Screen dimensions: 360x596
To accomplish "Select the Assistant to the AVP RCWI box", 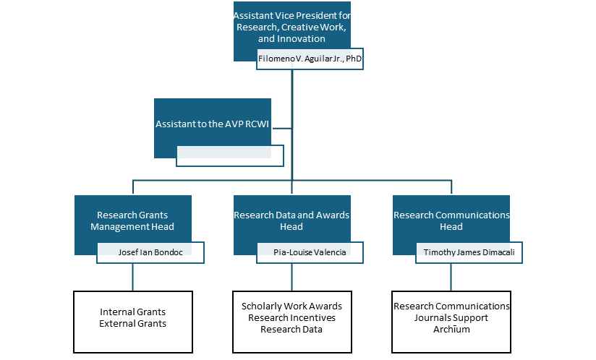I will [x=212, y=124].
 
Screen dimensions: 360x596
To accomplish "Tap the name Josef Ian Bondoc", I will [x=150, y=252].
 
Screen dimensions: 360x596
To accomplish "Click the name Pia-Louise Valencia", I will [x=310, y=252].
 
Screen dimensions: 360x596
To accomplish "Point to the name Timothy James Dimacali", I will [x=469, y=252].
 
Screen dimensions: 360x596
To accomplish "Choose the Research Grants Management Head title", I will [x=132, y=220].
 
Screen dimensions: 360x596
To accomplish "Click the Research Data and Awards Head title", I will [x=291, y=220].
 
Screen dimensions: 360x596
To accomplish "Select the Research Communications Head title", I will [x=451, y=220].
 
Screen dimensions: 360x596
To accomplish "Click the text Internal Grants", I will [x=132, y=312].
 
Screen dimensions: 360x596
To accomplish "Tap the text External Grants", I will [x=132, y=323].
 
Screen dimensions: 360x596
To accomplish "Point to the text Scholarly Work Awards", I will [x=291, y=306].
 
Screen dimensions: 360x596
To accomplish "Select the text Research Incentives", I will [x=291, y=317].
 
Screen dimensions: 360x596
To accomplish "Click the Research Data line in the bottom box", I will [x=291, y=329].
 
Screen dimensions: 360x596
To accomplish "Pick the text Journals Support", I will [x=451, y=317].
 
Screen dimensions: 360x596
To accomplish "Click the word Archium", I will [x=451, y=329].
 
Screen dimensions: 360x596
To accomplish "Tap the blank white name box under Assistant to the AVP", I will [x=229, y=155].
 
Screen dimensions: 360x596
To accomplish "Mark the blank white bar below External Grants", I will [x=137, y=340].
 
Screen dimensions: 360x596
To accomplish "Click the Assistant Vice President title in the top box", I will [x=291, y=27].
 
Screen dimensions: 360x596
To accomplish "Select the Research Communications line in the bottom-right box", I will [x=451, y=306].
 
